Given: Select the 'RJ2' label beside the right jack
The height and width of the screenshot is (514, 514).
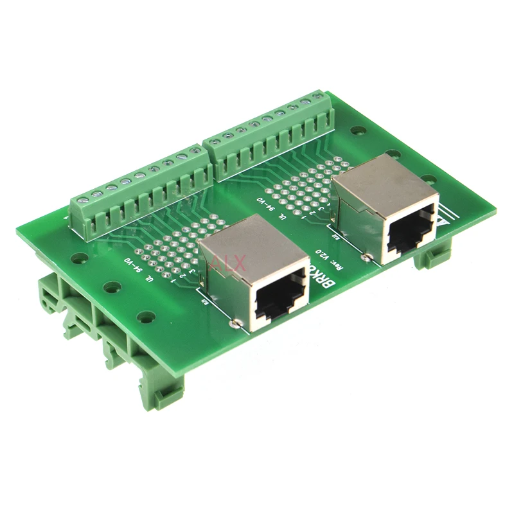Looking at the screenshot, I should (336, 235).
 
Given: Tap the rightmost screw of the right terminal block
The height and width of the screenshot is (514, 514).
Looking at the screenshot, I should (316, 97).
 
